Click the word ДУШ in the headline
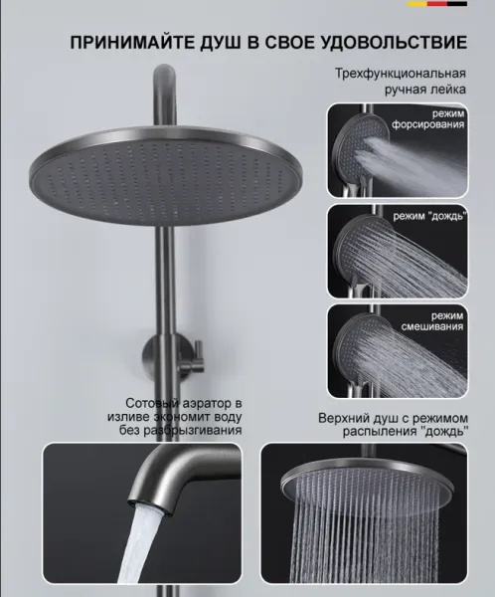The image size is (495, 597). (x=221, y=42)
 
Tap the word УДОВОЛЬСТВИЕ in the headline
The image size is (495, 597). (x=395, y=42)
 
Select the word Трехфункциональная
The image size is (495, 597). (x=401, y=73)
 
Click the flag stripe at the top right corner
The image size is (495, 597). (x=437, y=4)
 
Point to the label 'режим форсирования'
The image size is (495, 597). (x=428, y=119)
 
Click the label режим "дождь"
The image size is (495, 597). (x=430, y=216)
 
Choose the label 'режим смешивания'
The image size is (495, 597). (x=432, y=321)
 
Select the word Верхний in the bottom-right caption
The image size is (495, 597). (x=345, y=418)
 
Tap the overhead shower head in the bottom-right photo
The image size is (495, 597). (x=366, y=481)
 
